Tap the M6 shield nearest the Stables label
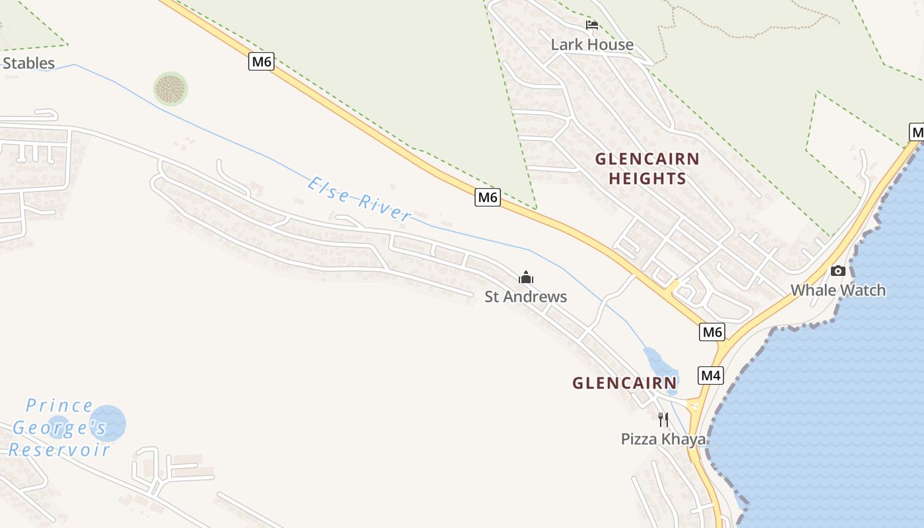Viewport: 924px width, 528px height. [x=261, y=62]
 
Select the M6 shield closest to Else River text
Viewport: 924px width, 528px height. [x=487, y=197]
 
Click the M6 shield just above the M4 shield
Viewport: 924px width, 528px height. [x=712, y=331]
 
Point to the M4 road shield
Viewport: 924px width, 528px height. [x=710, y=376]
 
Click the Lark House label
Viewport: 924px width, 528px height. [x=592, y=45]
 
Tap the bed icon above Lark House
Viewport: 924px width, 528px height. [x=592, y=26]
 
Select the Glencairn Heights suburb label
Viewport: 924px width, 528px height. [x=647, y=168]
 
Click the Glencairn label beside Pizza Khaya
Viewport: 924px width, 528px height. [x=624, y=383]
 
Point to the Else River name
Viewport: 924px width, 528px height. [x=359, y=199]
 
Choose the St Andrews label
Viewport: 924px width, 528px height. [x=525, y=297]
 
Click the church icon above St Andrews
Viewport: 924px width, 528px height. [x=525, y=277]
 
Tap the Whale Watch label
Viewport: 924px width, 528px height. [x=838, y=290]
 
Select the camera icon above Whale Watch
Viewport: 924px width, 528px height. [x=838, y=271]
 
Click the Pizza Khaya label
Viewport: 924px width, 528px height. [x=663, y=439]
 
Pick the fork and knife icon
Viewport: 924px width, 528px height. [x=663, y=419]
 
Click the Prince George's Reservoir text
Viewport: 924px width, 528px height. [x=59, y=428]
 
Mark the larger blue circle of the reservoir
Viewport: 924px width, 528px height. [x=108, y=423]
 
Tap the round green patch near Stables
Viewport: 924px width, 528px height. [x=170, y=89]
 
